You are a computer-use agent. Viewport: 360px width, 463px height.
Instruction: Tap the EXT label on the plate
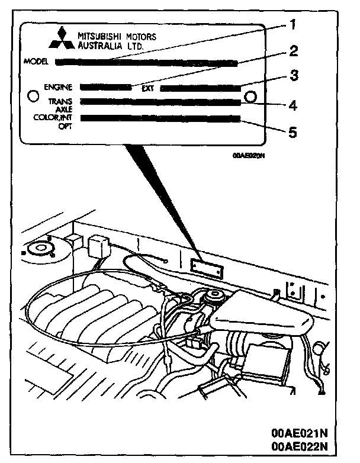148,88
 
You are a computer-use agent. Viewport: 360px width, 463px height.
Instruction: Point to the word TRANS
60,102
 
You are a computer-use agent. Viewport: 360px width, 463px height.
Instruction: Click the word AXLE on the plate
63,110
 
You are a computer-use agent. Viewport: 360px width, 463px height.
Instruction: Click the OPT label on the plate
66,126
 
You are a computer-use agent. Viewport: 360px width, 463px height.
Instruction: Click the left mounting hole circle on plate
34,95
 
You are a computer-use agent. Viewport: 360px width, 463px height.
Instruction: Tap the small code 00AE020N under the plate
248,156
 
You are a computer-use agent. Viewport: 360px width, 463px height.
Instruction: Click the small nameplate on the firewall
207,267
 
